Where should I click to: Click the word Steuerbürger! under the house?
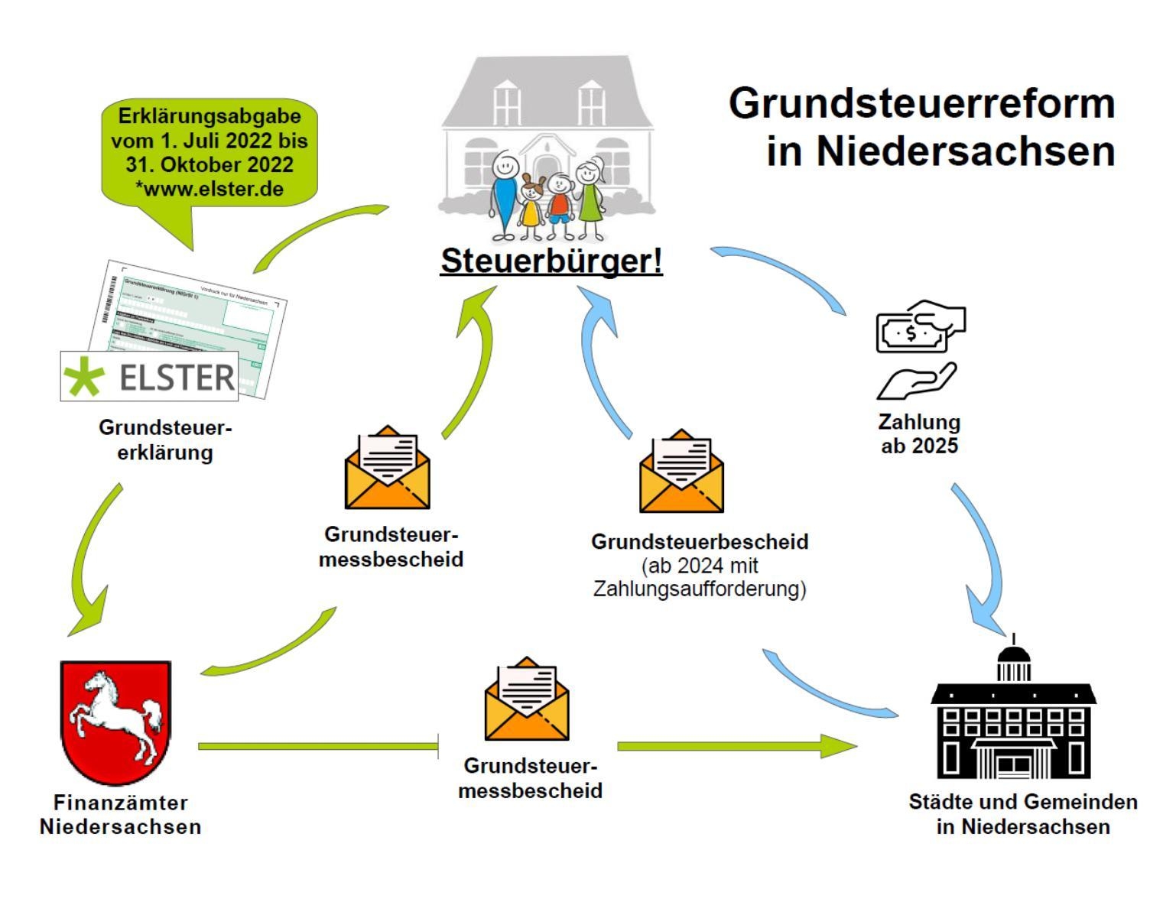[x=551, y=261]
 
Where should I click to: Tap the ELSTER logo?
[x=149, y=376]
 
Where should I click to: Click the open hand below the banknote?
[x=916, y=381]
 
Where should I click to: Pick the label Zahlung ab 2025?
[x=919, y=433]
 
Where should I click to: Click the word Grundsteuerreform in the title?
[x=921, y=103]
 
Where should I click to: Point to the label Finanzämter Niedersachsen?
[x=120, y=814]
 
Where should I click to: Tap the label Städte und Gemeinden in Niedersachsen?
[x=1023, y=814]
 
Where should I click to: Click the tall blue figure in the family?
[x=504, y=195]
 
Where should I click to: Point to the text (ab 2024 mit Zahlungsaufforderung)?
[x=700, y=577]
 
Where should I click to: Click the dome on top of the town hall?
[x=1014, y=656]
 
